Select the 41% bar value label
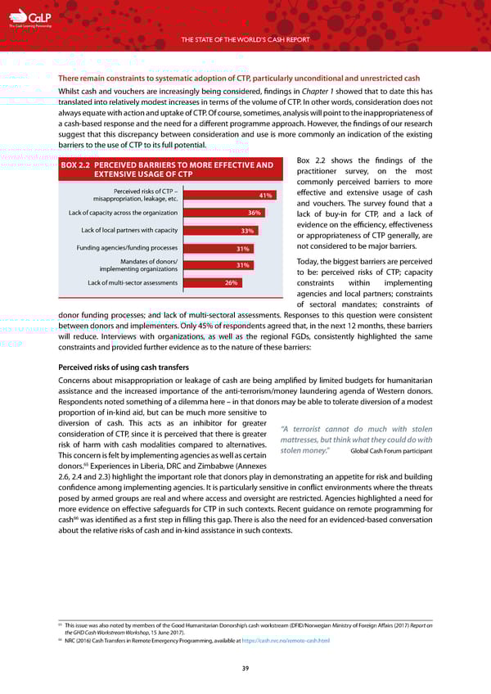click(264, 196)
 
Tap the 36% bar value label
click(254, 213)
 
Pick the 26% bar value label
click(232, 283)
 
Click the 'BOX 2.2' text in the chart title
click(81, 165)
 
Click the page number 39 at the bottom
click(245, 669)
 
